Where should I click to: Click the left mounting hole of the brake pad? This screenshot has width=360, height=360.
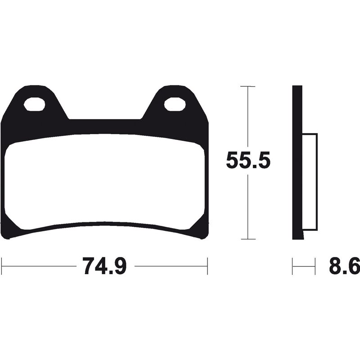coord(34,104)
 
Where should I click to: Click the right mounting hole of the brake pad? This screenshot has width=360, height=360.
coord(174,104)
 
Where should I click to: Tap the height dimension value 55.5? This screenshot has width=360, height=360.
coord(248,161)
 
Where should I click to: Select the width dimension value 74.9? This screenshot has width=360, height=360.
coord(105,266)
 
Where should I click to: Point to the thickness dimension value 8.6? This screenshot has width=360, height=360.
coord(344,266)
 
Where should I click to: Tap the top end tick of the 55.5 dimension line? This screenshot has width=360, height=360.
coord(248,86)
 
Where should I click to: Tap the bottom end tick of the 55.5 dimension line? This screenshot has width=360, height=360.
coord(248,239)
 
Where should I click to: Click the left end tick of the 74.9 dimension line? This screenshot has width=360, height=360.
coord(3,266)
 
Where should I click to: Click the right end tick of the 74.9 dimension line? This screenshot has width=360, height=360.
coord(207,266)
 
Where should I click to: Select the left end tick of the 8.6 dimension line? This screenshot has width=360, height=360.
coord(293,266)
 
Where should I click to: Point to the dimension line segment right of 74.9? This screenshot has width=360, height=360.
coord(171,266)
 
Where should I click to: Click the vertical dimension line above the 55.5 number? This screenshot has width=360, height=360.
coord(248,117)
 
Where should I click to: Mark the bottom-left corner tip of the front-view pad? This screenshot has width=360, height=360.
coord(10,236)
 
